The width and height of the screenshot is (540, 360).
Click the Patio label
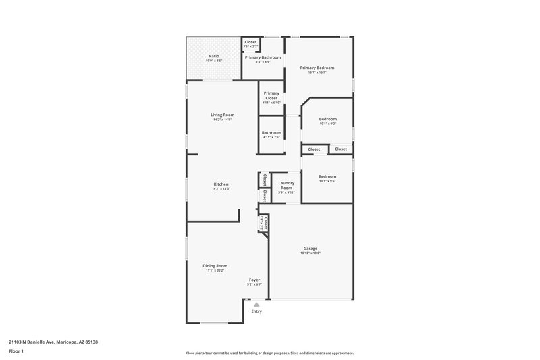214,56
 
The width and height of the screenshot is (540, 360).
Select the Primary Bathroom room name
263,57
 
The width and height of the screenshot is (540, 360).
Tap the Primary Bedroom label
317,68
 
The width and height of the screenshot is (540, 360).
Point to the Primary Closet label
271,95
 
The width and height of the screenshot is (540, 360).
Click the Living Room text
222,115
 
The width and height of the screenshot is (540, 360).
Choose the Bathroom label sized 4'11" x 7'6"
271,132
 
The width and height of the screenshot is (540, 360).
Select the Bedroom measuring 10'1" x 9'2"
327,119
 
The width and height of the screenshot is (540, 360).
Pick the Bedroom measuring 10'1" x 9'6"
327,176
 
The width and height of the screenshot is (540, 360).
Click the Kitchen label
221,184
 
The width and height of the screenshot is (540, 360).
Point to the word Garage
310,248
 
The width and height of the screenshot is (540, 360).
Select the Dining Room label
215,265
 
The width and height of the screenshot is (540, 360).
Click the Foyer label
254,280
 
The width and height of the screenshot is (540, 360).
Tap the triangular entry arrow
256,305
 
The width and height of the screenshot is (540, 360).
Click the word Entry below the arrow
256,311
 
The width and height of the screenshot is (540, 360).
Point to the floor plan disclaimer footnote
270,353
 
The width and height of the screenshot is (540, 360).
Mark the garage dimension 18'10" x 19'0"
310,253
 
